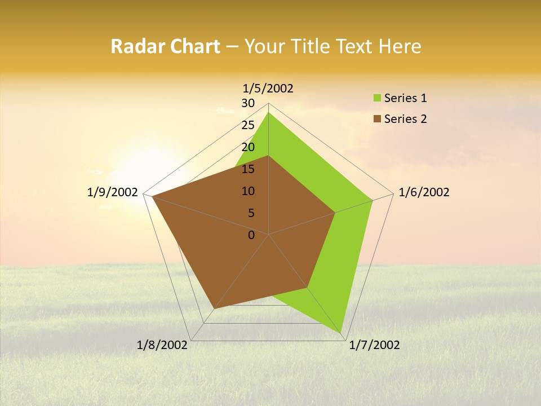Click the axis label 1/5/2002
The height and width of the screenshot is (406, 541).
[268, 88]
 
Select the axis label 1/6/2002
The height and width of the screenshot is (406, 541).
[424, 192]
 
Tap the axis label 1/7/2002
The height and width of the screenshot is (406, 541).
[374, 345]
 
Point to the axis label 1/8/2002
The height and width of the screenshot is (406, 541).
[162, 345]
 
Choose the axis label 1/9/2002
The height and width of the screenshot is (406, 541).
[113, 192]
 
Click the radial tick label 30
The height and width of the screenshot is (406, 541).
[248, 103]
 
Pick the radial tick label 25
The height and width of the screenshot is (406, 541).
[248, 125]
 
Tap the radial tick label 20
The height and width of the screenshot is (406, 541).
[248, 147]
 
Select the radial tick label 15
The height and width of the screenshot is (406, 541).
[248, 169]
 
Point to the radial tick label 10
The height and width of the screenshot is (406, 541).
[248, 191]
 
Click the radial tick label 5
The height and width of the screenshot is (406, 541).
[251, 213]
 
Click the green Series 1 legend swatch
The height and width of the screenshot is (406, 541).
[377, 98]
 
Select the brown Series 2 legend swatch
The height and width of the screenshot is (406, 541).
[377, 119]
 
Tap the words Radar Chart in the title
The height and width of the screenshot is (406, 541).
[165, 46]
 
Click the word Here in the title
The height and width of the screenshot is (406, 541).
[400, 46]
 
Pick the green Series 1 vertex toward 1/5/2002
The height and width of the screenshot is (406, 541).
[269, 112]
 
